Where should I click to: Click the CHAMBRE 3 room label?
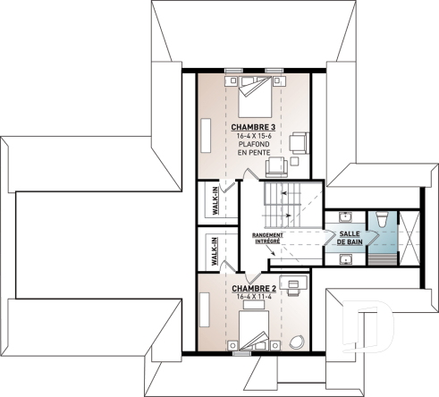point(254,128)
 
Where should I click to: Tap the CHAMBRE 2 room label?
point(254,289)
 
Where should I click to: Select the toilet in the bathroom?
point(381,219)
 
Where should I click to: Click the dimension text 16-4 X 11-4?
point(254,298)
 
